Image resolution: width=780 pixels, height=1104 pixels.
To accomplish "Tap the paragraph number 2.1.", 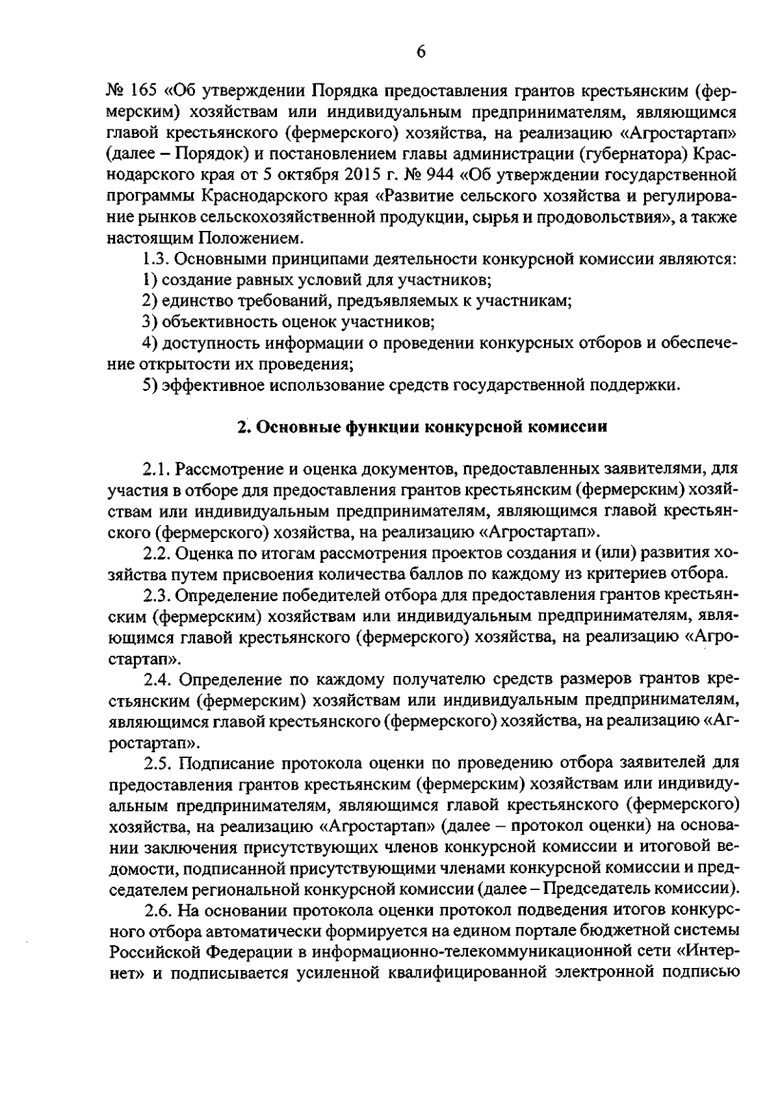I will [x=157, y=469].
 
